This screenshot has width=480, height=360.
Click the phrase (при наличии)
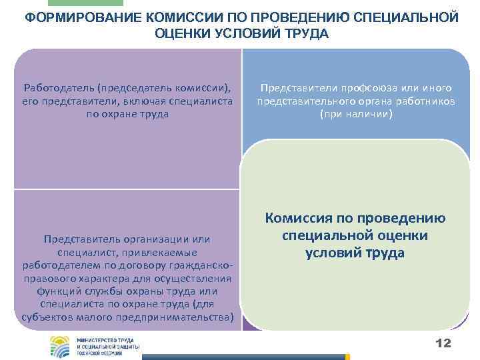coord(356,114)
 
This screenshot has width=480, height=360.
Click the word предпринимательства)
coord(185,316)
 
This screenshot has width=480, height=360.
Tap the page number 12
coord(443,342)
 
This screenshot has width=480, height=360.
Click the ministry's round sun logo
coord(62,347)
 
